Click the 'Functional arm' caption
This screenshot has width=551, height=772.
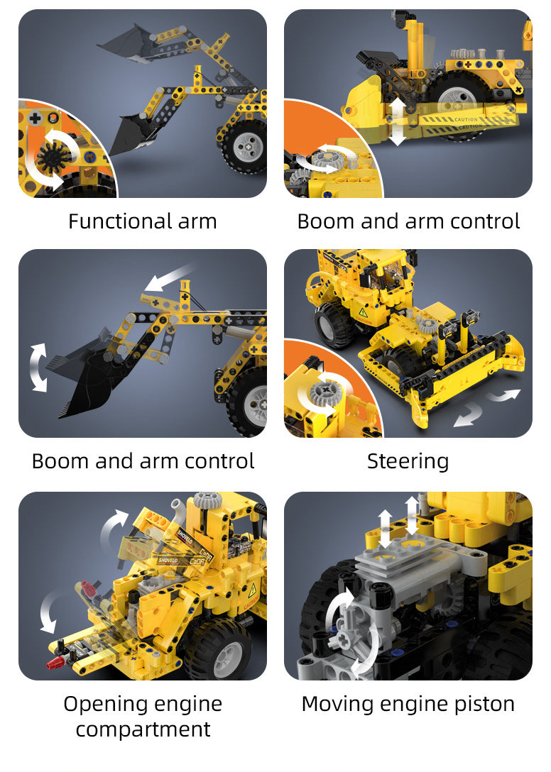pyautogui.click(x=143, y=221)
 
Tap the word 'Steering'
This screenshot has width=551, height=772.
pyautogui.click(x=408, y=462)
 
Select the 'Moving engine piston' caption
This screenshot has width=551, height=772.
pyautogui.click(x=408, y=704)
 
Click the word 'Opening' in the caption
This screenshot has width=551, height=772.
pyautogui.click(x=102, y=705)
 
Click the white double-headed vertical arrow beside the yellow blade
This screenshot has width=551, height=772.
pyautogui.click(x=397, y=121)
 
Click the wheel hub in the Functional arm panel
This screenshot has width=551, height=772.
pyautogui.click(x=247, y=147)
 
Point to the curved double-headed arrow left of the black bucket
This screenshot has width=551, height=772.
pyautogui.click(x=38, y=368)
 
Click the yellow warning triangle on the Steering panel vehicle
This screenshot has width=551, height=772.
pyautogui.click(x=364, y=313)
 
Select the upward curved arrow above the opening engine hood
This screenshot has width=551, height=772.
pyautogui.click(x=113, y=526)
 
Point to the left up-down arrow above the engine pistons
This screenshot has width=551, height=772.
pyautogui.click(x=385, y=529)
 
